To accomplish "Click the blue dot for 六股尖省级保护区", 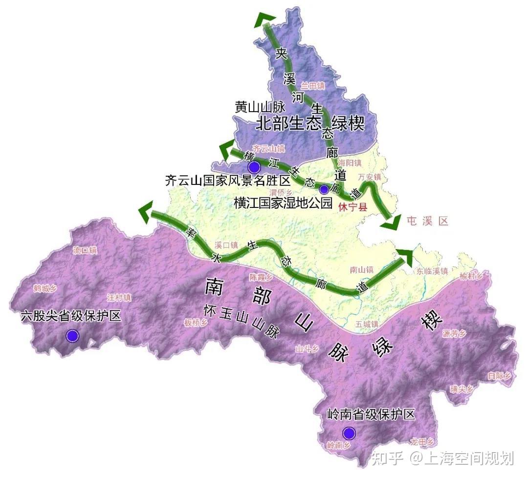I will (x=72, y=336).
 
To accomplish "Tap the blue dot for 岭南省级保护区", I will (x=349, y=433).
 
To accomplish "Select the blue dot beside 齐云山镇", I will (x=254, y=167).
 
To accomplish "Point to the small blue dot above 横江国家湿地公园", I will (x=324, y=189).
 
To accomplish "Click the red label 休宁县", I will (x=352, y=207).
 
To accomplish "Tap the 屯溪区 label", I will (x=427, y=221).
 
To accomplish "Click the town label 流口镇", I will (x=85, y=250).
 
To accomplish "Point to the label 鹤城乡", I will (x=45, y=288).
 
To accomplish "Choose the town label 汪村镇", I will (x=119, y=297).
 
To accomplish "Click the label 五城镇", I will (x=367, y=324).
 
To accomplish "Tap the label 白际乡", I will (x=499, y=376).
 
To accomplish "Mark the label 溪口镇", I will (x=226, y=245).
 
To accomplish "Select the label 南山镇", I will (x=362, y=269).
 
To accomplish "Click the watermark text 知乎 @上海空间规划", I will (x=442, y=458).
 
